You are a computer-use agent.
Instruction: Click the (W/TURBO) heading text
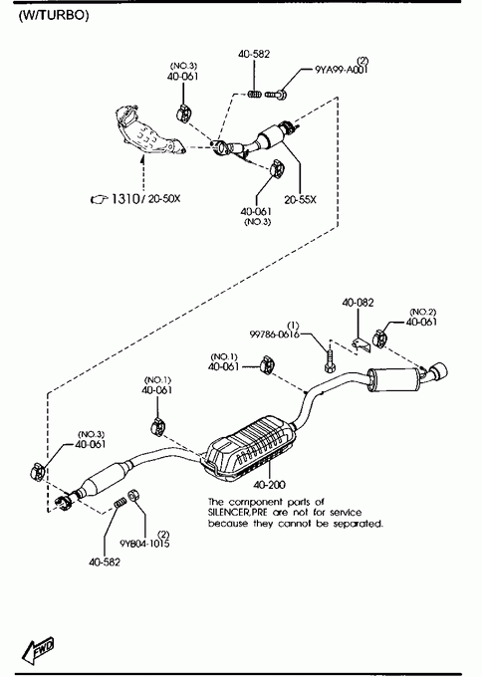pyautogui.click(x=54, y=16)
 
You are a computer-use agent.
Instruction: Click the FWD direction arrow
pyautogui.click(x=39, y=649)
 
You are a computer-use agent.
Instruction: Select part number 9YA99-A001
pyautogui.click(x=342, y=70)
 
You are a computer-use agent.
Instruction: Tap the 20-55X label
pyautogui.click(x=300, y=199)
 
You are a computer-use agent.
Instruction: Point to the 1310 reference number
pyautogui.click(x=124, y=198)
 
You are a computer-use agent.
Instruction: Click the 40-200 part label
pyautogui.click(x=270, y=485)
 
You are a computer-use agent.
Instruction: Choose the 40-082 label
pyautogui.click(x=359, y=303)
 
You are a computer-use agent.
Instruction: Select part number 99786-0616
pyautogui.click(x=275, y=335)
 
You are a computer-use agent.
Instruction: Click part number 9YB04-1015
pyautogui.click(x=144, y=544)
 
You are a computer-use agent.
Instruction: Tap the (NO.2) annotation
pyautogui.click(x=422, y=312)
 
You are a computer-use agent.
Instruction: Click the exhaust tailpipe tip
pyautogui.click(x=438, y=372)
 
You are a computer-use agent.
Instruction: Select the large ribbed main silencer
pyautogui.click(x=250, y=450)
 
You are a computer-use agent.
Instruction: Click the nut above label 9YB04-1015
pyautogui.click(x=133, y=495)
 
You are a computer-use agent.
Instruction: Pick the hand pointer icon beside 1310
pyautogui.click(x=99, y=199)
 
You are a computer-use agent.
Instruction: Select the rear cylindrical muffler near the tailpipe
pyautogui.click(x=394, y=380)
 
